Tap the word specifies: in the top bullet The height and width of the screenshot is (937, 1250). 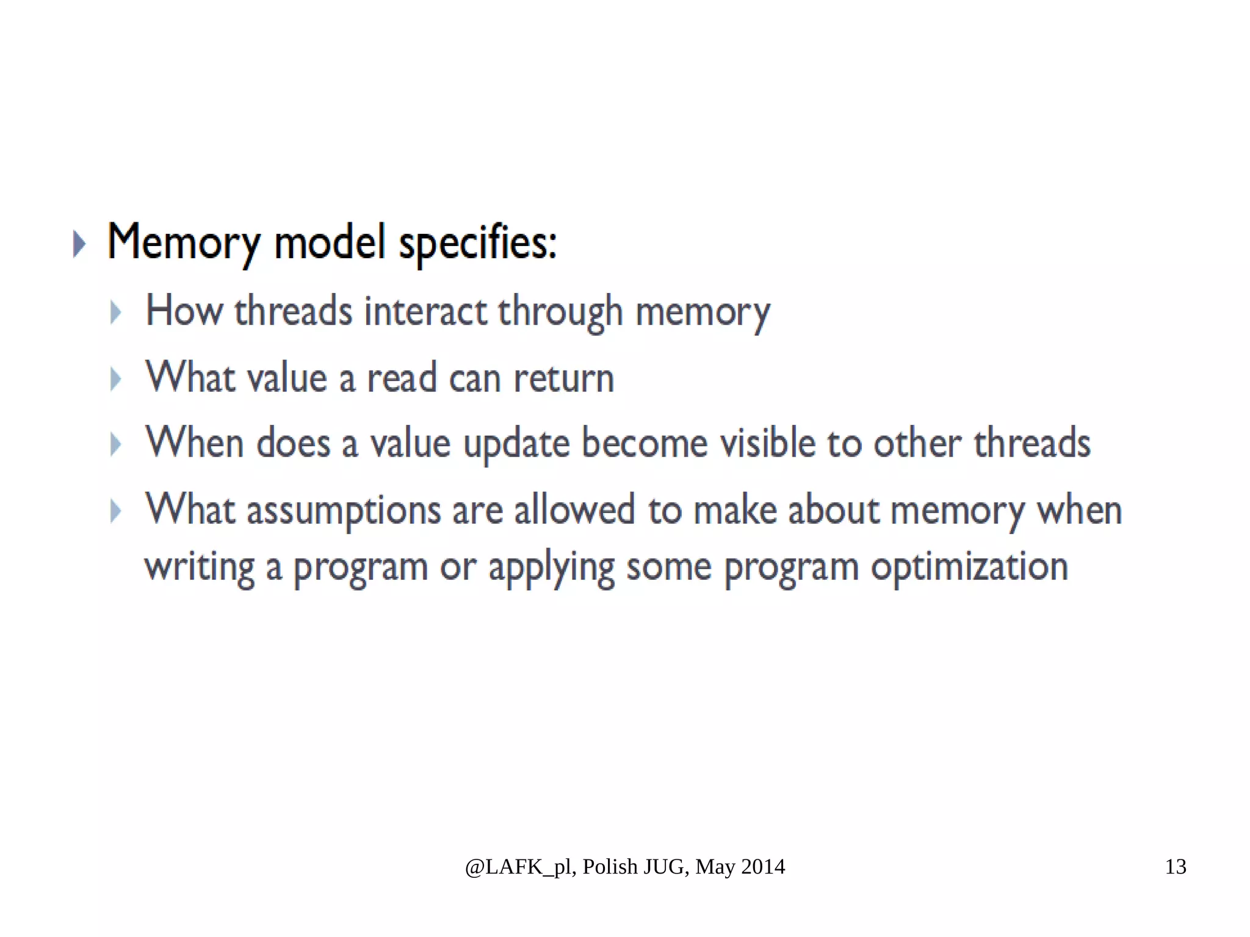[477, 243]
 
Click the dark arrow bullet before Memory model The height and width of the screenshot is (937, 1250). [79, 244]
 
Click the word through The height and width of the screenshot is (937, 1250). [560, 311]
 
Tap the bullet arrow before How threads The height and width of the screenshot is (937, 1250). [115, 312]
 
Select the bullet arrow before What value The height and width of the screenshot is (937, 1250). [115, 379]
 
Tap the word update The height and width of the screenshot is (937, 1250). [516, 444]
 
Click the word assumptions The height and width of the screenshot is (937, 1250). [343, 510]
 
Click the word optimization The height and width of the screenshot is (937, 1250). [969, 566]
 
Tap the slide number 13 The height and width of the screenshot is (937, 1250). [1175, 867]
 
